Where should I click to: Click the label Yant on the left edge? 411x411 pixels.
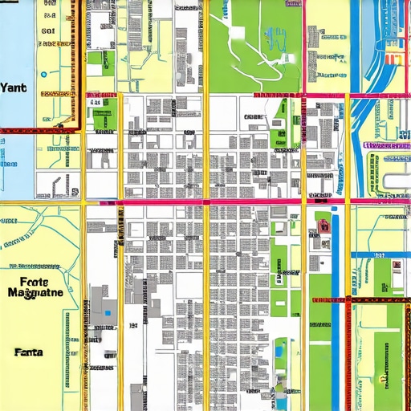click(14, 89)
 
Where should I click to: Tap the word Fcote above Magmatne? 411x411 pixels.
click(33, 282)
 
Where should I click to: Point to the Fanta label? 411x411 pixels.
click(29, 352)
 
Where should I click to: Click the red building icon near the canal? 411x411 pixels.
click(324, 225)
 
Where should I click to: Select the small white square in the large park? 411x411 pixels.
click(238, 33)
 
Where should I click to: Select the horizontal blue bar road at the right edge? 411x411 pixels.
click(381, 255)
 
